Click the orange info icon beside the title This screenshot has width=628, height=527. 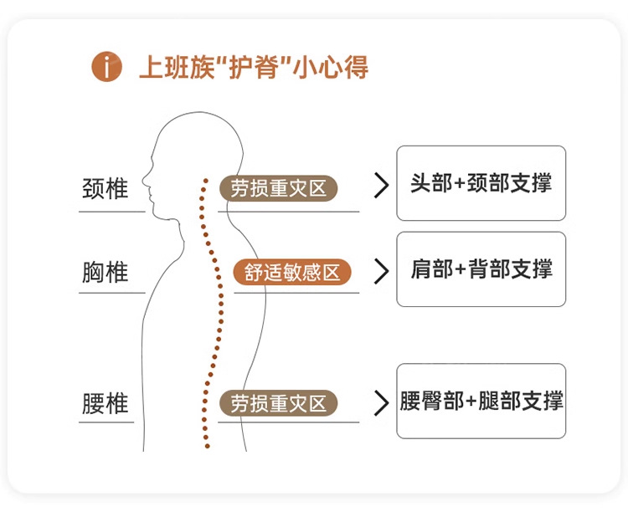click(x=106, y=66)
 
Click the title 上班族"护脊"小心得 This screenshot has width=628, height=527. click(x=254, y=67)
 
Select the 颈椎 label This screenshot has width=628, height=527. click(x=105, y=188)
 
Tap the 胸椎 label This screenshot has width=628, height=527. click(x=105, y=272)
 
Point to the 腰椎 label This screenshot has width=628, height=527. click(x=105, y=403)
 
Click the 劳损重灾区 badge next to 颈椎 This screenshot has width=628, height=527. click(x=278, y=188)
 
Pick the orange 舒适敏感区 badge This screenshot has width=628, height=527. click(x=292, y=272)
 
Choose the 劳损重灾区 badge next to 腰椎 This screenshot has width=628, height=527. click(x=278, y=403)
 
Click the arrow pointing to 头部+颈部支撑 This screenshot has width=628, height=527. click(x=381, y=185)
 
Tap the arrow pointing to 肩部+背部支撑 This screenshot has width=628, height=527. click(x=381, y=271)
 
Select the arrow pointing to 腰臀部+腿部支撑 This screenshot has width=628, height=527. click(x=381, y=403)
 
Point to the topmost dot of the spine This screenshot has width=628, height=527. click(x=206, y=181)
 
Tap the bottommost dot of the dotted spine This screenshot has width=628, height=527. click(x=207, y=446)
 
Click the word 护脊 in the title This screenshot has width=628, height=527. click(x=253, y=67)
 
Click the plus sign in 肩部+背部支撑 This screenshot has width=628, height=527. click(x=461, y=269)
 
